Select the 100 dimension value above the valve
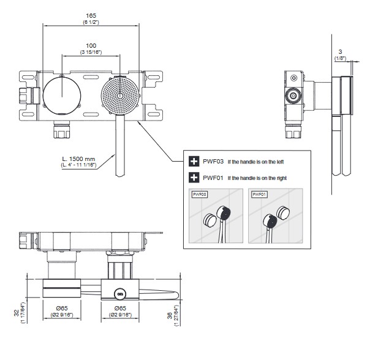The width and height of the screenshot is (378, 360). tap(91, 45)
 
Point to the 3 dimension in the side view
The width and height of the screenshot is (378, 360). tap(340, 51)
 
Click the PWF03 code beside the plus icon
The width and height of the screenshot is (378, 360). tap(213, 162)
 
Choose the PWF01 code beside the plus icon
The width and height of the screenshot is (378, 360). tap(213, 178)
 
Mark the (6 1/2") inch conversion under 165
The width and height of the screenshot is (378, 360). tap(91, 22)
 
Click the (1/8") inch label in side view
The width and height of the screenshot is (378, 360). tap(340, 59)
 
